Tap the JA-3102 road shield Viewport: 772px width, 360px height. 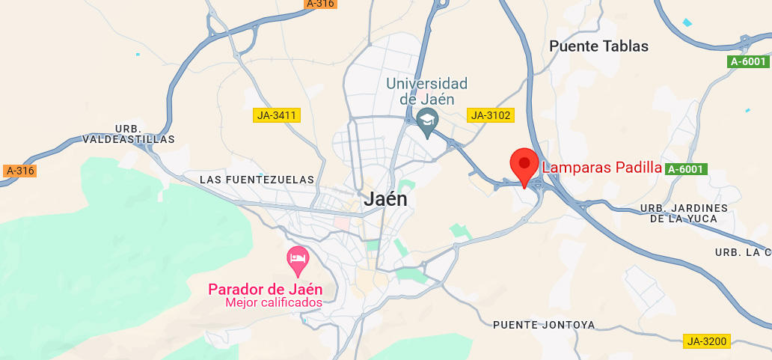point(489,115)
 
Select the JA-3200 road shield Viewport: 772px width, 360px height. point(706,341)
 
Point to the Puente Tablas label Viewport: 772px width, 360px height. point(598,46)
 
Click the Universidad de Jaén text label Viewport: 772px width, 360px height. point(426,91)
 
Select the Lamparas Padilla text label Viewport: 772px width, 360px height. point(601,168)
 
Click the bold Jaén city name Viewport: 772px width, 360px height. point(385,199)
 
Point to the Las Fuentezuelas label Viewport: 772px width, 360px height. point(257,180)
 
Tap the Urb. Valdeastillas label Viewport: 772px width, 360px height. point(128,134)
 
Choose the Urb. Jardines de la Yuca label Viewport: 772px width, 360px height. point(684,213)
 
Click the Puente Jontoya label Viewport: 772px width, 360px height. point(544,325)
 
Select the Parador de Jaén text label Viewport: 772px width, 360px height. point(265,290)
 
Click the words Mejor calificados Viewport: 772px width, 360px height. point(273,303)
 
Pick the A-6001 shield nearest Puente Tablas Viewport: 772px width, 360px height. point(748,61)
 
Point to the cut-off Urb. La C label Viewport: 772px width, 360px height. point(743,252)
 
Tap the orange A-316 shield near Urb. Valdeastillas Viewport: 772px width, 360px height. point(20,171)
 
